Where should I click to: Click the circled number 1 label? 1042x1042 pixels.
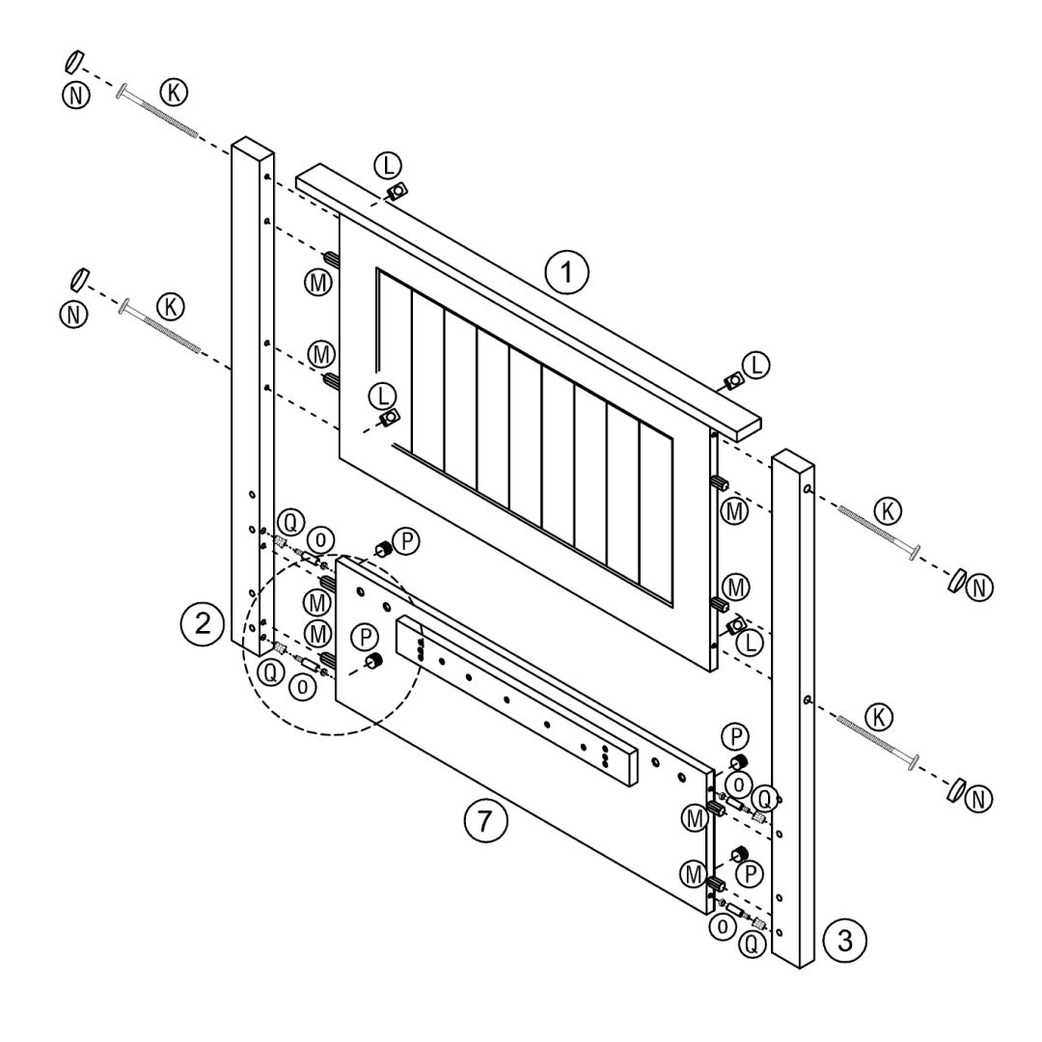point(566,271)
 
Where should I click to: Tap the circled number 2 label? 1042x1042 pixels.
point(202,623)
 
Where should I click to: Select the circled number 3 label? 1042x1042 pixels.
point(844,940)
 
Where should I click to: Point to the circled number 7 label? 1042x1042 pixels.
point(485,821)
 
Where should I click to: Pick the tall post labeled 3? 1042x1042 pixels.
point(793,709)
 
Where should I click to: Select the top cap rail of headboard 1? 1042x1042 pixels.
point(529,300)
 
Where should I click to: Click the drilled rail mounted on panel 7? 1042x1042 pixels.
point(517,700)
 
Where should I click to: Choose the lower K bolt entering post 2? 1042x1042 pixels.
point(159,327)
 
